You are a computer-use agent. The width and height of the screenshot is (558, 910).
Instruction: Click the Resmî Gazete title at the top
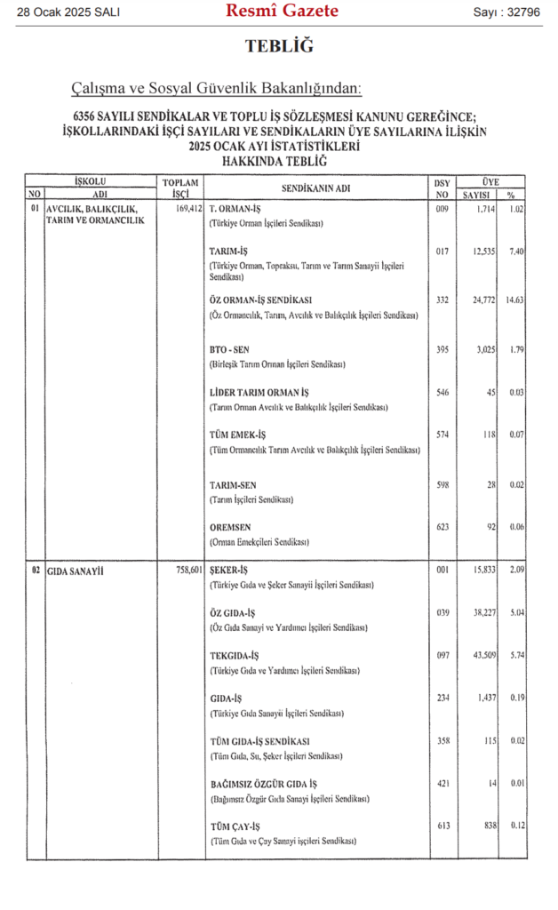coord(282,12)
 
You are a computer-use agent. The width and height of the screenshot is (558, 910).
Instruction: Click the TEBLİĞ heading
coord(279,47)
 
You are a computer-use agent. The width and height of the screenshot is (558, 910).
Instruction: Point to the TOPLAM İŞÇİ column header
coord(180,188)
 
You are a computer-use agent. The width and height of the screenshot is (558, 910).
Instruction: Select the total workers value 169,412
coord(185,210)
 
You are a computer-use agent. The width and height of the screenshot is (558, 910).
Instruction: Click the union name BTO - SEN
coord(229,349)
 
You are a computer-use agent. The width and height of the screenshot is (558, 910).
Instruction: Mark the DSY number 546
coord(442,393)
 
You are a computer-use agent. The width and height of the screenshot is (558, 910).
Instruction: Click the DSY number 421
coord(442,784)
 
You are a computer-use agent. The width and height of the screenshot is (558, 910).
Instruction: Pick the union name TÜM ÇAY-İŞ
coord(235,826)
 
